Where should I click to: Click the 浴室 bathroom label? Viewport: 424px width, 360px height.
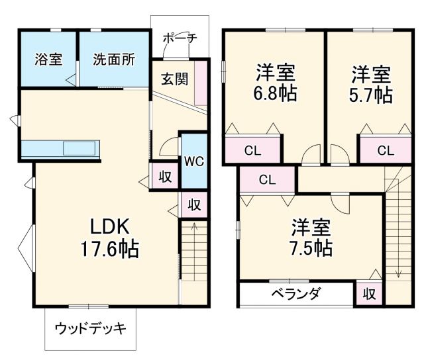tap(48, 59)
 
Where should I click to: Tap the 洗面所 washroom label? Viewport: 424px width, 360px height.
tap(113, 59)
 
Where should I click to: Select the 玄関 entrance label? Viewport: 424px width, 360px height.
tap(174, 79)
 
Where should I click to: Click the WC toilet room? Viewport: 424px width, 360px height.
tap(194, 160)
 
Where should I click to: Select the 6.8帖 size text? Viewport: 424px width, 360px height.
tap(274, 93)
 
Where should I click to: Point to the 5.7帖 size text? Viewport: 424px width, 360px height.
tap(370, 93)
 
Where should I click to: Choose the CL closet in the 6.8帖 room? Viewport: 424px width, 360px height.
tap(252, 150)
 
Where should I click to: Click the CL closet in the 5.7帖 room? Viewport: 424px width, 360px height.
tap(385, 150)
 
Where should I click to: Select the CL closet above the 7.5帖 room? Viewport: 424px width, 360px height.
tap(267, 179)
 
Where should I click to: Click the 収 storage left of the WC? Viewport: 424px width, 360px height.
tap(164, 177)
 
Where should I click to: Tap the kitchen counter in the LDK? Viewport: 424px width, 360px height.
tap(60, 149)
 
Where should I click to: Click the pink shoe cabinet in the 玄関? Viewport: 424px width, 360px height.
tap(201, 85)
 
